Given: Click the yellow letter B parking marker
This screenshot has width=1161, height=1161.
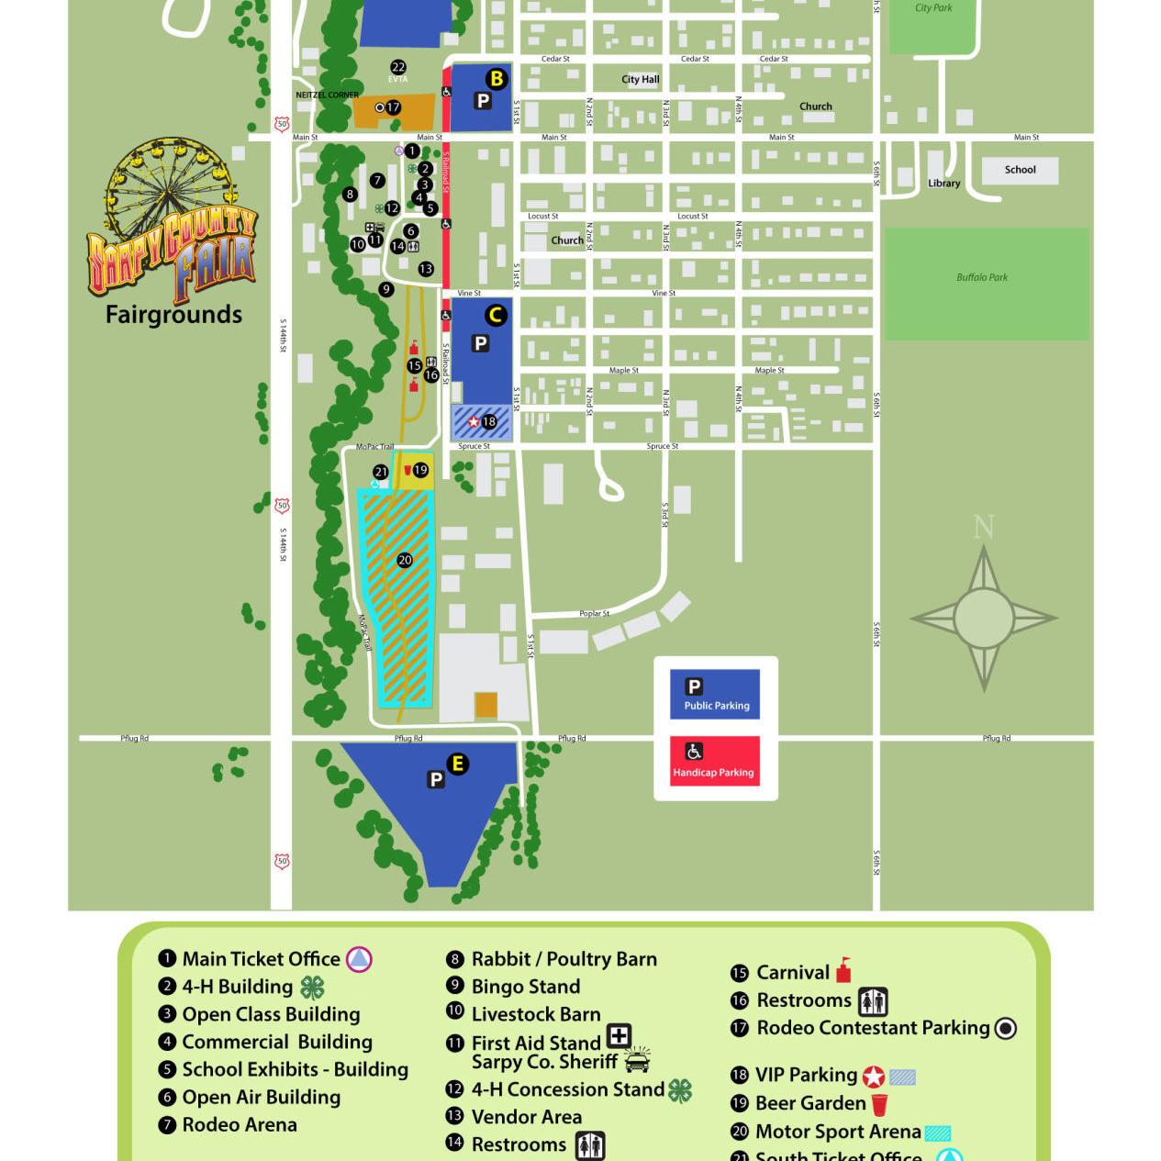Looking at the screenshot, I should (497, 79).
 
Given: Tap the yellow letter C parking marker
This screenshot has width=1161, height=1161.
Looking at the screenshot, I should (496, 316).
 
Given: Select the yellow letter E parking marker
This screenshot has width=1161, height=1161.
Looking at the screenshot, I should (457, 764).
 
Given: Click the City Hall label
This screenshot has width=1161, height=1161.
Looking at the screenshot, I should (640, 80).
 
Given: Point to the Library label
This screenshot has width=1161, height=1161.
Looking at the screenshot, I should (943, 184).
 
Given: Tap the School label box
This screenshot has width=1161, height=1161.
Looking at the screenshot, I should (1019, 170).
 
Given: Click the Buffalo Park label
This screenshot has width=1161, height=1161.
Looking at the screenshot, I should (982, 277).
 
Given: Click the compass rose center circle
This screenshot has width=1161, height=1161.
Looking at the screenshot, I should (984, 618).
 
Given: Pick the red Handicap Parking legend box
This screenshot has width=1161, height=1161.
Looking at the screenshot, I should (714, 761).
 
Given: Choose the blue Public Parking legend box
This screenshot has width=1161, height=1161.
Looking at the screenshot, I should (714, 694).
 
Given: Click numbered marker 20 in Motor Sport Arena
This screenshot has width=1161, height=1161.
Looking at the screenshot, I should (405, 560).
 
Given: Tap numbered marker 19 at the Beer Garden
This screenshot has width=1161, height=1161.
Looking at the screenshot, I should (420, 470).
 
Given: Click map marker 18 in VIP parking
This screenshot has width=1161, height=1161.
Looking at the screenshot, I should (489, 422).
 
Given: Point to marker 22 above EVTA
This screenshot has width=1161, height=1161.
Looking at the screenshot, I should (397, 67).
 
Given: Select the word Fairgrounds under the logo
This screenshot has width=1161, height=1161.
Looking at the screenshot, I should (173, 315).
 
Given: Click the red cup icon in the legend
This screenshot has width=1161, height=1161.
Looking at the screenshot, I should (879, 1104).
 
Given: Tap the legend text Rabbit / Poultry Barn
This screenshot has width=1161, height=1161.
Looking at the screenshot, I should (564, 959).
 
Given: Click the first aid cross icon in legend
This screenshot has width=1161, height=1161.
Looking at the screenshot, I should (620, 1036).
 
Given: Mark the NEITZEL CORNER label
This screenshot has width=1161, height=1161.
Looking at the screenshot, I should (328, 95).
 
